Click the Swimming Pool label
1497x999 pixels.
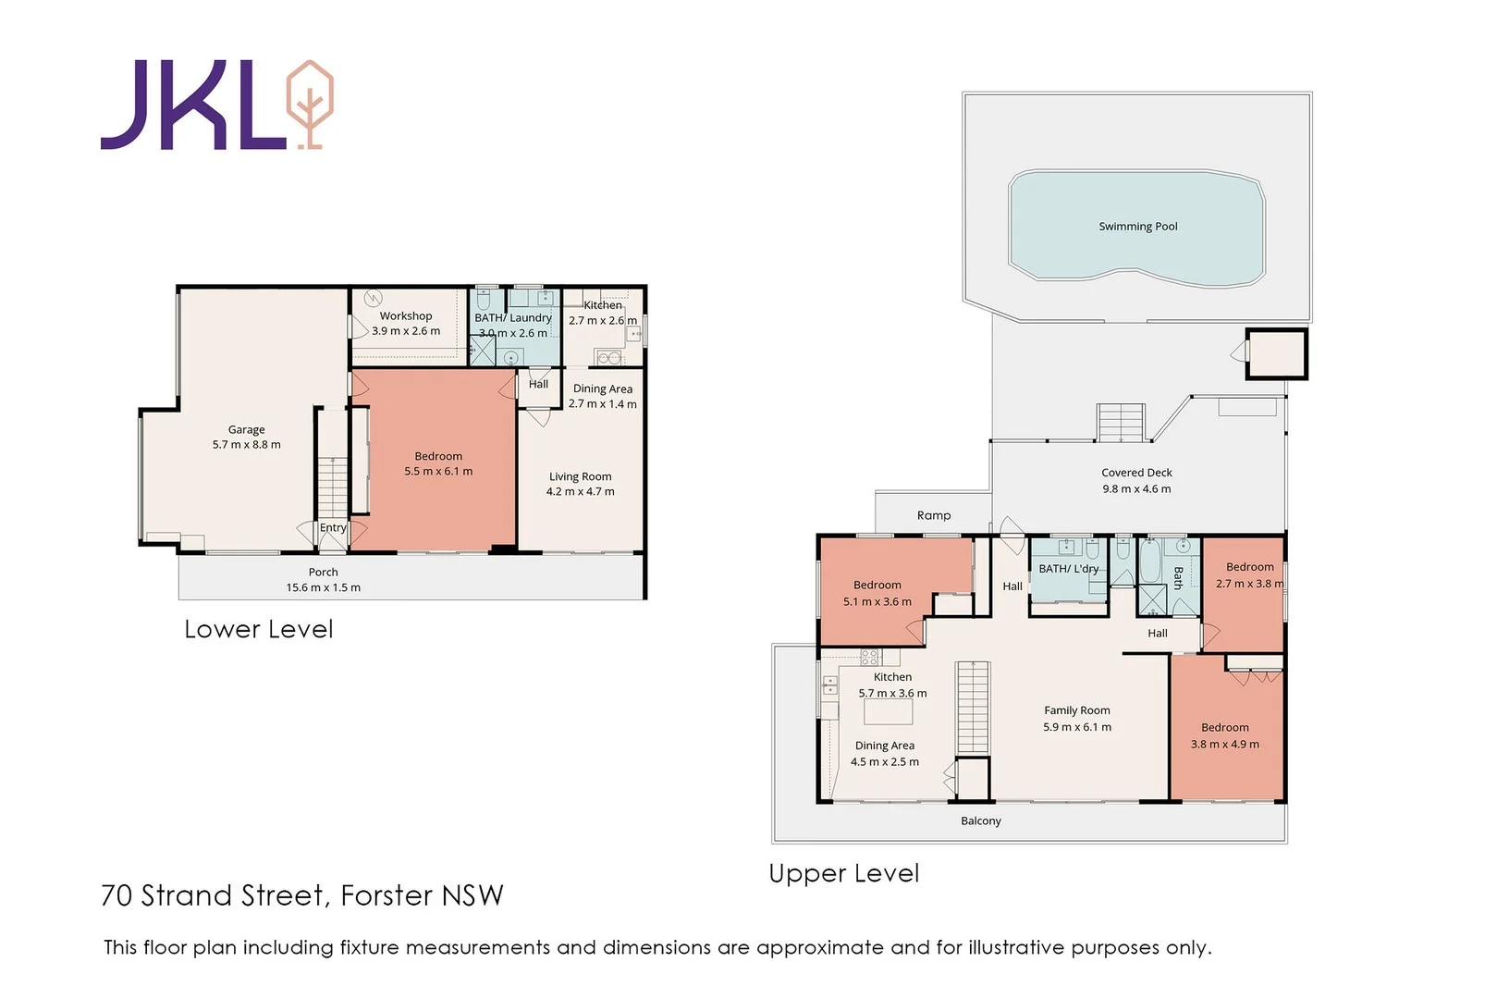pyautogui.click(x=1137, y=227)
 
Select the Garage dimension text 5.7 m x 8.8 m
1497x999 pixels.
pyautogui.click(x=246, y=445)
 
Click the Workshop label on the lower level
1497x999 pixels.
pyautogui.click(x=405, y=316)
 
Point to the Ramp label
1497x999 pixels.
pyautogui.click(x=933, y=515)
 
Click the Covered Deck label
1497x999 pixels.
pyautogui.click(x=1136, y=473)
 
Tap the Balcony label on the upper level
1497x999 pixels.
pyautogui.click(x=980, y=820)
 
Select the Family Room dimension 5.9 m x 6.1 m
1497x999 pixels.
pyautogui.click(x=1077, y=727)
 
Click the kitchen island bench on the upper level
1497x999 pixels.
pyautogui.click(x=888, y=711)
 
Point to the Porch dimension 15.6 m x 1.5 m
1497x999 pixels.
pyautogui.click(x=323, y=587)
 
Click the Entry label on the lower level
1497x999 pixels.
pyautogui.click(x=333, y=528)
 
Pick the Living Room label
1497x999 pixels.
pyautogui.click(x=580, y=476)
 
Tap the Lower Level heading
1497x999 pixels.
pyautogui.click(x=258, y=630)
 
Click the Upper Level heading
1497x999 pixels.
pyautogui.click(x=843, y=874)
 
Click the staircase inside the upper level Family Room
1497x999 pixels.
pyautogui.click(x=972, y=708)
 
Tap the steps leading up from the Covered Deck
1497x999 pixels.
pyautogui.click(x=1121, y=423)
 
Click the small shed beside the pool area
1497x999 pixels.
pyautogui.click(x=1276, y=353)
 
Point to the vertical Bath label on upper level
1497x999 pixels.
pyautogui.click(x=1178, y=578)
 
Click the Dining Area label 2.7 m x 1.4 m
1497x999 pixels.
pyautogui.click(x=602, y=389)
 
